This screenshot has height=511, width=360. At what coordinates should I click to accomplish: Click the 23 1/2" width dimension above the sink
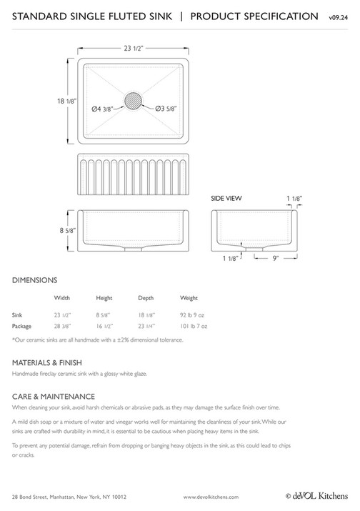[x=133, y=48]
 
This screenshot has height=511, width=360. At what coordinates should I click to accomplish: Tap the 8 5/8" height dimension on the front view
[x=57, y=232]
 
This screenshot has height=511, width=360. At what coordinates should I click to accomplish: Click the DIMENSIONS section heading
[x=35, y=280]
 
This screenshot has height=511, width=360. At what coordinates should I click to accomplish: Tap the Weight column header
[x=189, y=297]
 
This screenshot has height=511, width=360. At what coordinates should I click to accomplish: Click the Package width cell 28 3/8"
[x=62, y=326]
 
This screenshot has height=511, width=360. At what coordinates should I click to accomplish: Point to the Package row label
[x=23, y=326]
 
